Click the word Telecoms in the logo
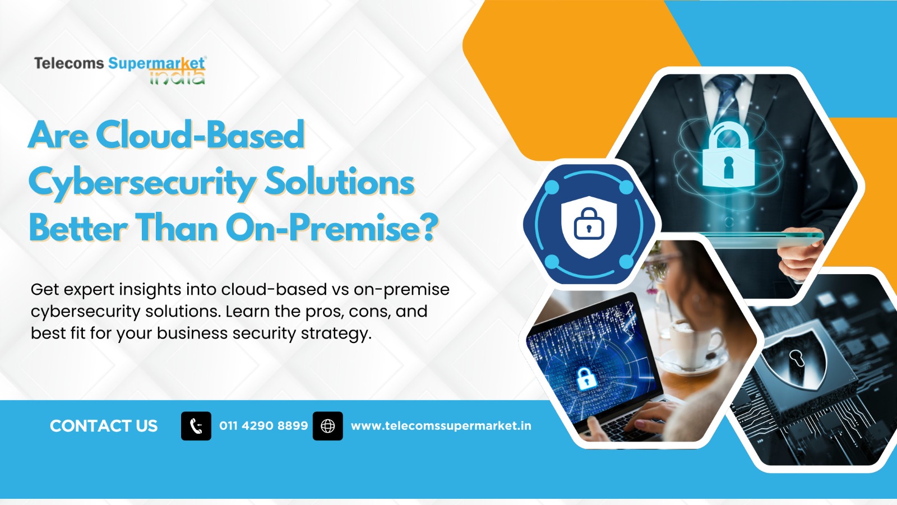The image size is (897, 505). (x=69, y=63)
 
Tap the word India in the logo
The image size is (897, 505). (x=177, y=77)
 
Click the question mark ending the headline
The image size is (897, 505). (x=428, y=226)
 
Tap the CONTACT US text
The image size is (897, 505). (x=104, y=426)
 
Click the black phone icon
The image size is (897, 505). (x=196, y=426)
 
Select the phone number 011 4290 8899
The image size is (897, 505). (x=263, y=426)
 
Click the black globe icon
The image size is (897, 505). (x=327, y=426)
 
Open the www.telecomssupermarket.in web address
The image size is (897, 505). (x=441, y=426)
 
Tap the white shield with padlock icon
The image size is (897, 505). (x=589, y=226)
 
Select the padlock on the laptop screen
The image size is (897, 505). (x=586, y=378)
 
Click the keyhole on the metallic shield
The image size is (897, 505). (x=796, y=358)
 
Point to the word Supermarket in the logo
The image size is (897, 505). (x=156, y=63)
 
